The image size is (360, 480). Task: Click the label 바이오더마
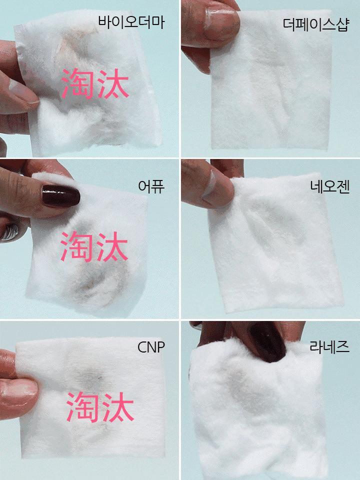[x=131, y=22]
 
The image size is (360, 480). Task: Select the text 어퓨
[x=151, y=186]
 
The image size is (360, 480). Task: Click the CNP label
[x=150, y=347]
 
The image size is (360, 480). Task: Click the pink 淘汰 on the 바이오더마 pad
[x=95, y=84]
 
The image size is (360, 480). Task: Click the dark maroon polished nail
[x=61, y=195]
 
